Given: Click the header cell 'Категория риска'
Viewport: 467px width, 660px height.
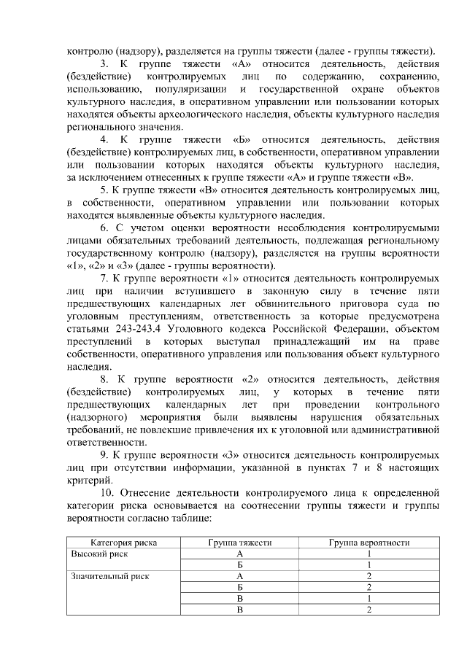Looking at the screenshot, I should [x=123, y=543].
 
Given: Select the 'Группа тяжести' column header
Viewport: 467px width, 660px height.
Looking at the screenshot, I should [x=239, y=543].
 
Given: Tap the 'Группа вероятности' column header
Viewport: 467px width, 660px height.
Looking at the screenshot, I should [x=368, y=543].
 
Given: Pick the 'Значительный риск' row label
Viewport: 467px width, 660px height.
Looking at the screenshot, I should [x=110, y=575].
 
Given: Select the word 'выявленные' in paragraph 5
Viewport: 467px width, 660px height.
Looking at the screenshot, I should [x=153, y=214].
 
